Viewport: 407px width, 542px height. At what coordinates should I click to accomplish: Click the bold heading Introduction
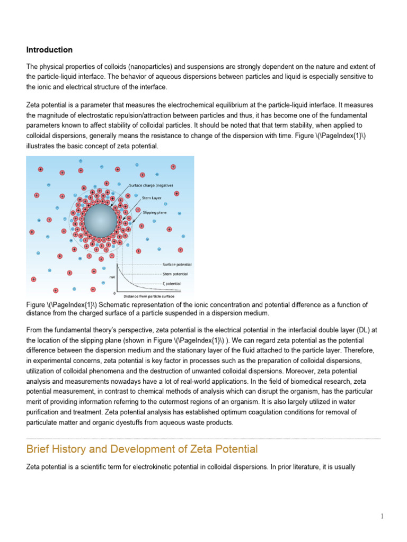(x=49, y=50)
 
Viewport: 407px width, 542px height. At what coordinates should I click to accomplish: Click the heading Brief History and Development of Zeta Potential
(x=141, y=449)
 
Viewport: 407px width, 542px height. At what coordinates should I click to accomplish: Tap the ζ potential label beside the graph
(x=172, y=283)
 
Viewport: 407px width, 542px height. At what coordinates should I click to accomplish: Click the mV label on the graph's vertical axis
(x=112, y=277)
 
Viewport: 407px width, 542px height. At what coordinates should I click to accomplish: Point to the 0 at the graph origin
(x=115, y=293)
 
